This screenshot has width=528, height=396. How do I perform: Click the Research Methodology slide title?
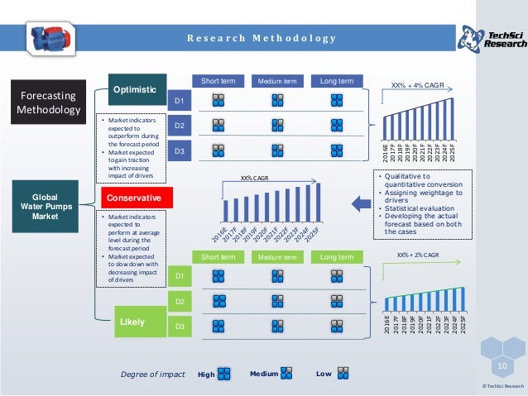click(260, 38)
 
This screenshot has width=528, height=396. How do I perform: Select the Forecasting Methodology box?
click(48, 102)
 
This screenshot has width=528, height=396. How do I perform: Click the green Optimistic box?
click(134, 88)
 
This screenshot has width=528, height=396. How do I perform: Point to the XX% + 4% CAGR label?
click(419, 84)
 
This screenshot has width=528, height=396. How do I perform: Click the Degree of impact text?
click(152, 375)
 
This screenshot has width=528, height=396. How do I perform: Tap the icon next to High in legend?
click(224, 375)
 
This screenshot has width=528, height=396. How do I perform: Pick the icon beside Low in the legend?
click(343, 375)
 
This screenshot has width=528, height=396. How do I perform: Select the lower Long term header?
click(337, 257)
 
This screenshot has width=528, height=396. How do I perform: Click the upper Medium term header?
click(277, 81)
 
